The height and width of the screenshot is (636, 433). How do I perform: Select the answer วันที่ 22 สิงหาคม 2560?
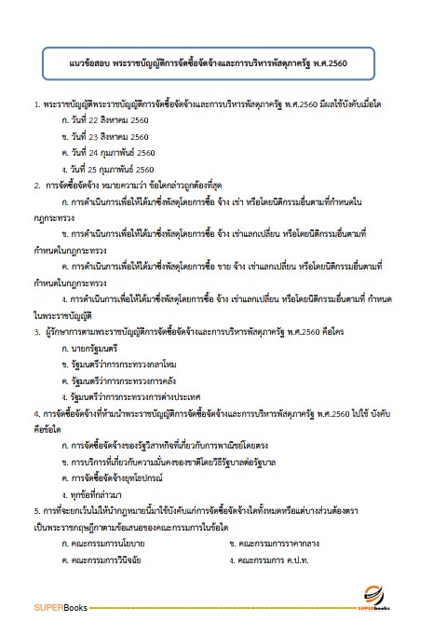(104, 121)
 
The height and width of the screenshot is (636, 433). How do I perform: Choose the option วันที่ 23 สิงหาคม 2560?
(104, 137)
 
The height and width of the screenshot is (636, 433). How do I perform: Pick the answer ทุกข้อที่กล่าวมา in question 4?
(98, 492)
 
